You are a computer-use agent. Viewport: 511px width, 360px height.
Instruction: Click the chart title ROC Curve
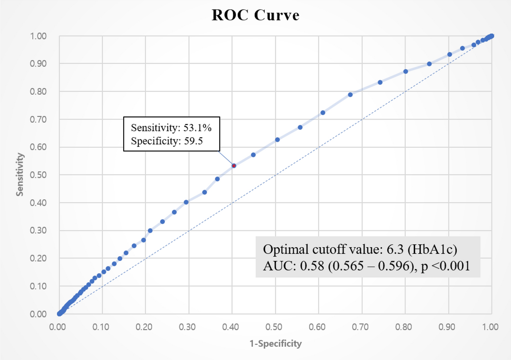(x=255, y=15)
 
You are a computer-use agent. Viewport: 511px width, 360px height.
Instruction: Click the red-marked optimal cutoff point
(x=234, y=166)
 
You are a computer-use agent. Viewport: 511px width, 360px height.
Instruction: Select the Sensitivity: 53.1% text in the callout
(x=171, y=128)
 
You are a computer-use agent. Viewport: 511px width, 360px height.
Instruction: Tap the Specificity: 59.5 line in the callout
(x=167, y=141)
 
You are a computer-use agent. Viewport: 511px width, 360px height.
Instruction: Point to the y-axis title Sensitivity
(x=20, y=175)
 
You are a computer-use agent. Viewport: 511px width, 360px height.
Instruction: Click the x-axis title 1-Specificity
(x=275, y=343)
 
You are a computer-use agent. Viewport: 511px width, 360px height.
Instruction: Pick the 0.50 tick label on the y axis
(x=38, y=175)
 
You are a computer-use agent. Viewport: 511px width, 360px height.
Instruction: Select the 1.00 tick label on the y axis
(x=38, y=36)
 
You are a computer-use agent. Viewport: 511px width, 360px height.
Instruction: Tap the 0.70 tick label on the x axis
(x=360, y=327)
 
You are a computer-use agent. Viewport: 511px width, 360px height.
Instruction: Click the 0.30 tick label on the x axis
(x=187, y=327)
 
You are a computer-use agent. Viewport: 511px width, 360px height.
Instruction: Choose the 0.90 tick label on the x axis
(x=447, y=327)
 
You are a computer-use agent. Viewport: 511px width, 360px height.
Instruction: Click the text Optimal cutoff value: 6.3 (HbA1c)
(x=360, y=249)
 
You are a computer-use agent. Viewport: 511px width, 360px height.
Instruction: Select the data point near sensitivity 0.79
(x=350, y=95)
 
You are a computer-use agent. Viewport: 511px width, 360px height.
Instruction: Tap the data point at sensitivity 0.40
(x=186, y=202)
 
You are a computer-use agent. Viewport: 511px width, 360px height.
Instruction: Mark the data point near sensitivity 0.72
(x=323, y=112)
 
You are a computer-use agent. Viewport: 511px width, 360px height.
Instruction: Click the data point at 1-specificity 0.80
(x=406, y=71)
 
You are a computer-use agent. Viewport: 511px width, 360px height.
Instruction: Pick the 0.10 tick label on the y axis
(x=38, y=286)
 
